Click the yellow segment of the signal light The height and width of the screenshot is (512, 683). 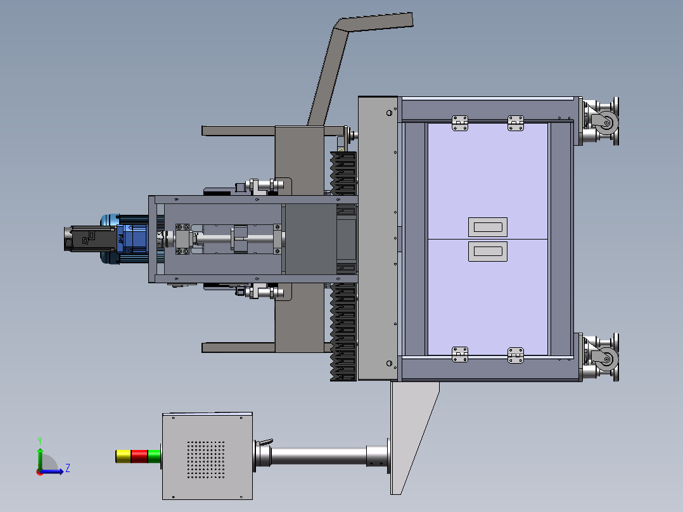click(x=124, y=456)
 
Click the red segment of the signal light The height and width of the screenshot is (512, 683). click(x=139, y=456)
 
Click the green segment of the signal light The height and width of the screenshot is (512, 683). click(x=154, y=456)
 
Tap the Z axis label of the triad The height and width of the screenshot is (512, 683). click(x=68, y=468)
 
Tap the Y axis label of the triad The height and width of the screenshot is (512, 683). click(x=40, y=441)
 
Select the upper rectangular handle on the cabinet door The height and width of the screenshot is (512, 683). click(x=488, y=227)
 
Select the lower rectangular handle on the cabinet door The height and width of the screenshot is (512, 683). click(x=488, y=252)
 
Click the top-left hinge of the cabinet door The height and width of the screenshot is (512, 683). click(x=460, y=123)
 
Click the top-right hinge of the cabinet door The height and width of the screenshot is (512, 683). click(x=516, y=123)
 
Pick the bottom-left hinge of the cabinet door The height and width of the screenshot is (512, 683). click(x=460, y=354)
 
